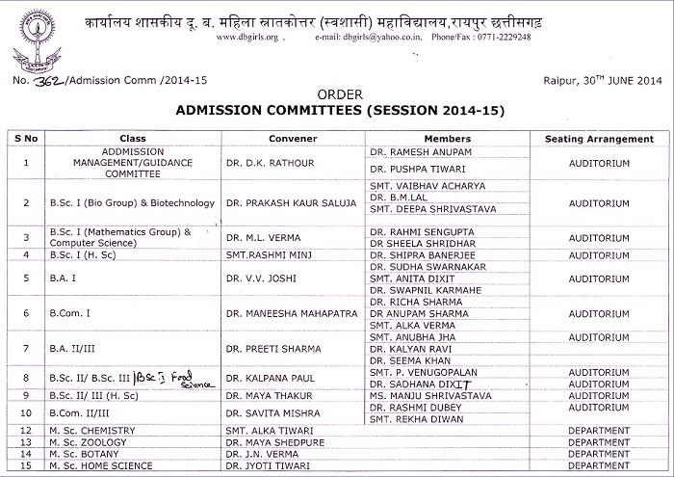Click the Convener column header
tap(293, 139)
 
